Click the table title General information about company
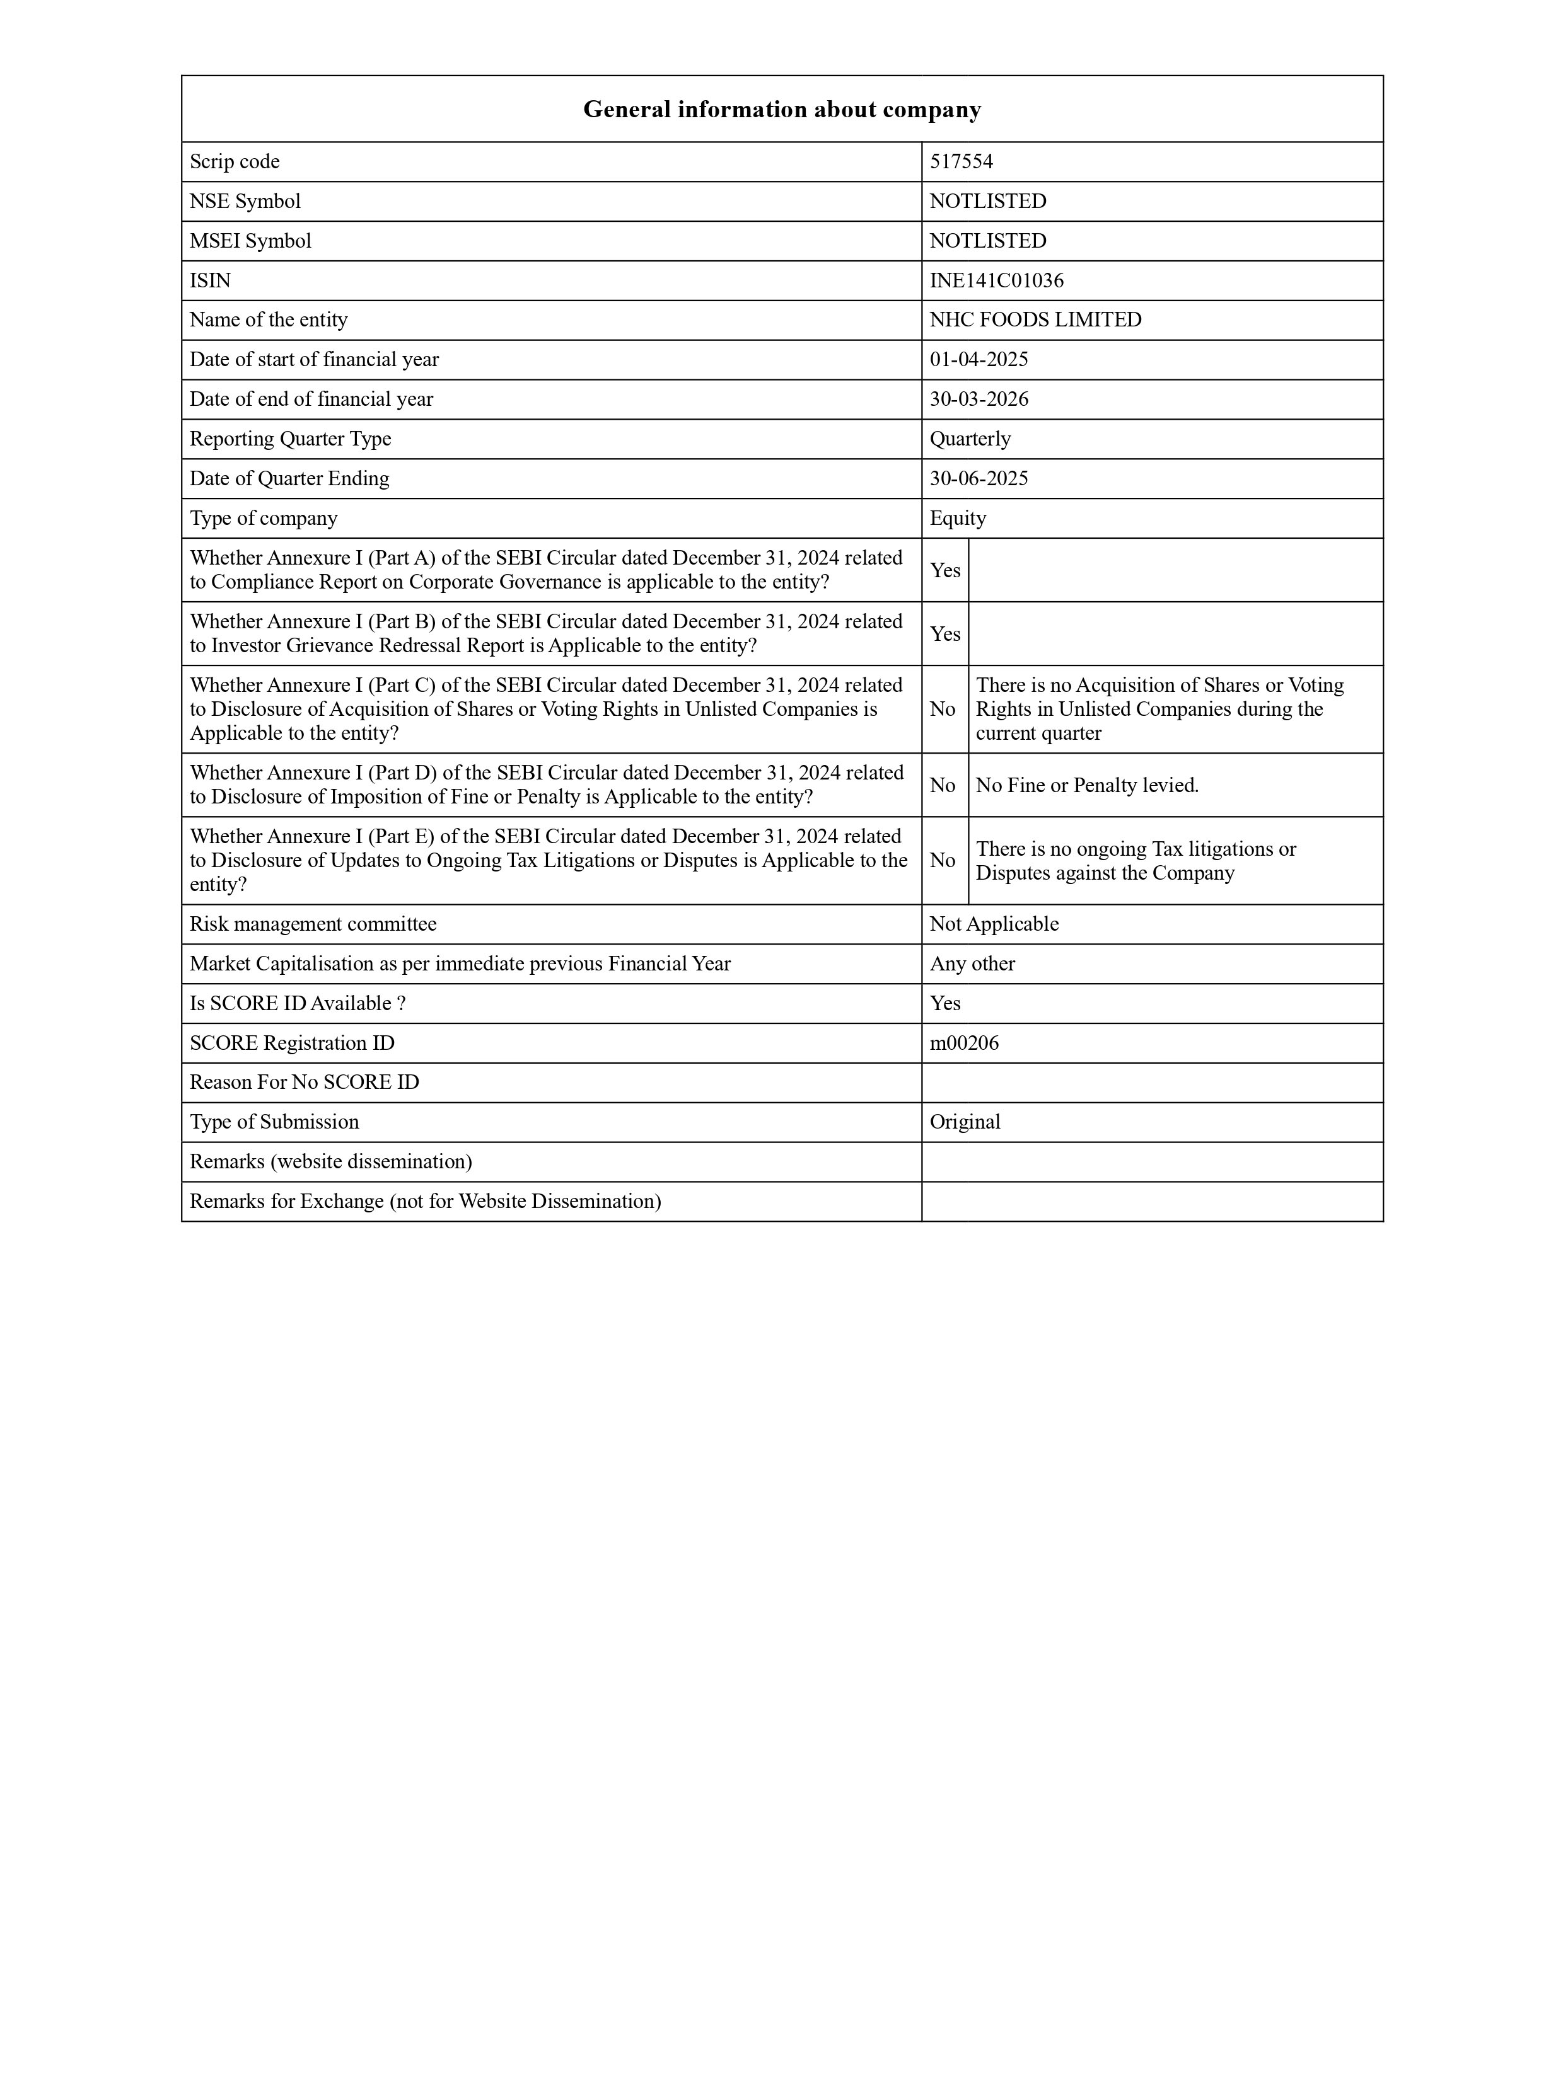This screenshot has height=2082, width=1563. pyautogui.click(x=782, y=110)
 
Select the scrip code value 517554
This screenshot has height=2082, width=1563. pyautogui.click(x=962, y=162)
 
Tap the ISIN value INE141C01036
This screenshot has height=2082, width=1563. pyautogui.click(x=996, y=280)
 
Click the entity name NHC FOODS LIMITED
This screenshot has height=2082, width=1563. pyautogui.click(x=1035, y=320)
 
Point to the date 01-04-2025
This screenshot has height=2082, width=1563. pyautogui.click(x=979, y=360)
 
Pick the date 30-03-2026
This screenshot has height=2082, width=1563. pyautogui.click(x=979, y=399)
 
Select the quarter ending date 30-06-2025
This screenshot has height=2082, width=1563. pyautogui.click(x=979, y=478)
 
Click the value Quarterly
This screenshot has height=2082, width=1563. pyautogui.click(x=970, y=439)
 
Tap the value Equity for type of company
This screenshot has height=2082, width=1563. pyautogui.click(x=958, y=519)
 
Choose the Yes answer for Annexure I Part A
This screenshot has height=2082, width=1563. pyautogui.click(x=944, y=570)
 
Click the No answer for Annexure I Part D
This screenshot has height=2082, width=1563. pyautogui.click(x=943, y=785)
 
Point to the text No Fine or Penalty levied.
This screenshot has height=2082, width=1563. pyautogui.click(x=1086, y=785)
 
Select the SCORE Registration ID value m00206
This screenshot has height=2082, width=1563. pyautogui.click(x=964, y=1043)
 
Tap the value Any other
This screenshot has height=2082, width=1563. pyautogui.click(x=972, y=964)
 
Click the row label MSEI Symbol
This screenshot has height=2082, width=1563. pyautogui.click(x=250, y=241)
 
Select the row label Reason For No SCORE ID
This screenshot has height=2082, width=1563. pyautogui.click(x=304, y=1083)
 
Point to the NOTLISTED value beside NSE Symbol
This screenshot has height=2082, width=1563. pyautogui.click(x=988, y=202)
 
